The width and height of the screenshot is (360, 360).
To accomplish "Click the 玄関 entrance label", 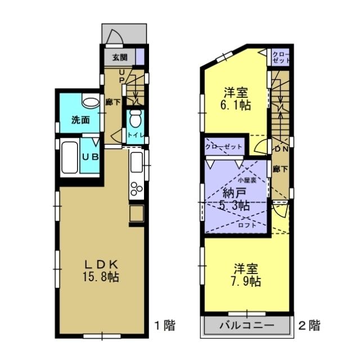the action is tap(120, 57).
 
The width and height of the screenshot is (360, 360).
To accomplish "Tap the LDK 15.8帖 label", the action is tap(101, 271).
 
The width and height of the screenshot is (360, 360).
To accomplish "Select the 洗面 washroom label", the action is tap(80, 120).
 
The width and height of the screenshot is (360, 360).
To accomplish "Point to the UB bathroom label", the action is tap(91, 157).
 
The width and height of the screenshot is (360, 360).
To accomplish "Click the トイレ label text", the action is tap(136, 135).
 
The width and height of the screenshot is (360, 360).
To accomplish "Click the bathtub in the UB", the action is tap(70, 157).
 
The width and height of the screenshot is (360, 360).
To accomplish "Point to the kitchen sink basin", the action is tap(136, 163).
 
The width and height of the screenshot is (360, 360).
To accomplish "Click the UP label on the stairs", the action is tap(122, 76).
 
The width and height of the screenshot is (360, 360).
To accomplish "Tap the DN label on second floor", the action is tap(281, 149).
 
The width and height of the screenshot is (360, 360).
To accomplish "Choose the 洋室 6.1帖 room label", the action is tap(236, 99).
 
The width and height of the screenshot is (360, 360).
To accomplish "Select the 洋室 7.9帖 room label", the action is tap(246, 275).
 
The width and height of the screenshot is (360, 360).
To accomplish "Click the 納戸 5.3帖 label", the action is tap(235, 199).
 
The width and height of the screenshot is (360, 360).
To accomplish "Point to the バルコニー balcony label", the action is tap(247, 325).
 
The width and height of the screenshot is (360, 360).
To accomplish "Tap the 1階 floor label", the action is tap(165, 325).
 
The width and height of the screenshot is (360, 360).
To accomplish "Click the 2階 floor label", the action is tap(309, 325).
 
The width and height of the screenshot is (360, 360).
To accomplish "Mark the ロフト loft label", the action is tap(247, 226).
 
